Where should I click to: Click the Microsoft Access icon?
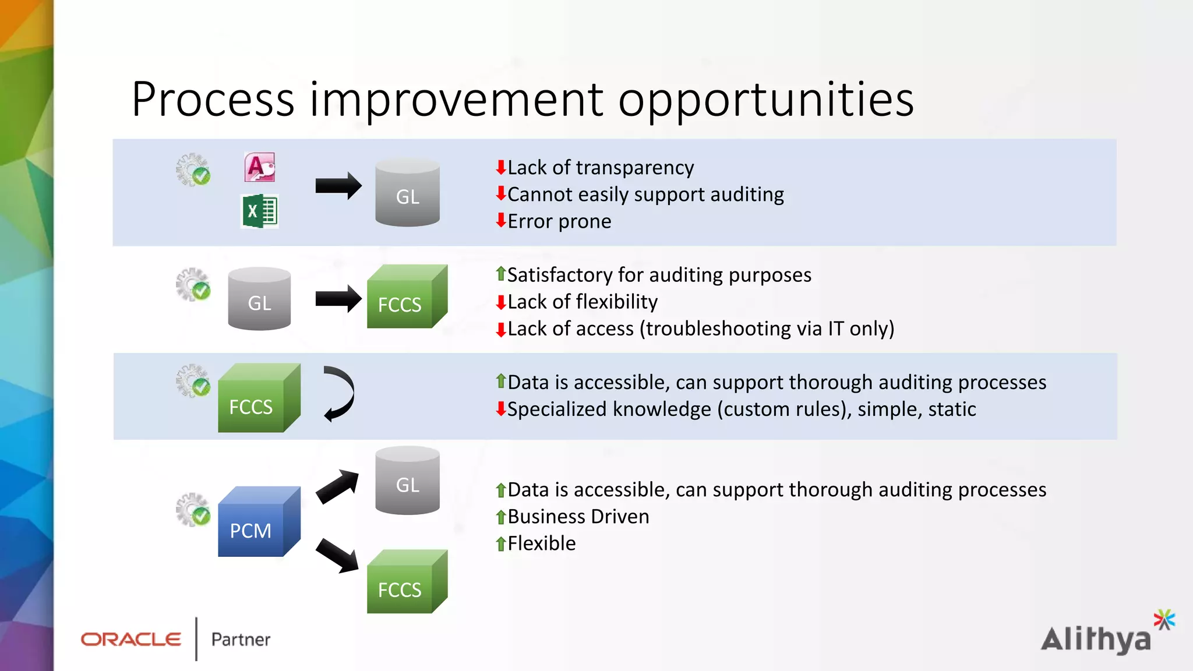coord(260,168)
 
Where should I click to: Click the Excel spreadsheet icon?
coord(260,211)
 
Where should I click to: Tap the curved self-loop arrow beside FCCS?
coord(340,394)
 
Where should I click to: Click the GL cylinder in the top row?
coord(407,193)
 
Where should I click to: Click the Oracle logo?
coord(131,640)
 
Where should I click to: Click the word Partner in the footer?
coord(241,640)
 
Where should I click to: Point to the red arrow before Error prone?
coord(500,221)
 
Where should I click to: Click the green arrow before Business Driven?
coord(500,517)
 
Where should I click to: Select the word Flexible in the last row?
coord(541,543)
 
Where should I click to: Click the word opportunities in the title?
coord(765,100)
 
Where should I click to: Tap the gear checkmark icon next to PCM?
coord(193,510)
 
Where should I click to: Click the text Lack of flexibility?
coord(582,302)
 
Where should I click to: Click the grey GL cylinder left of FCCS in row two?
coord(259,299)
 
